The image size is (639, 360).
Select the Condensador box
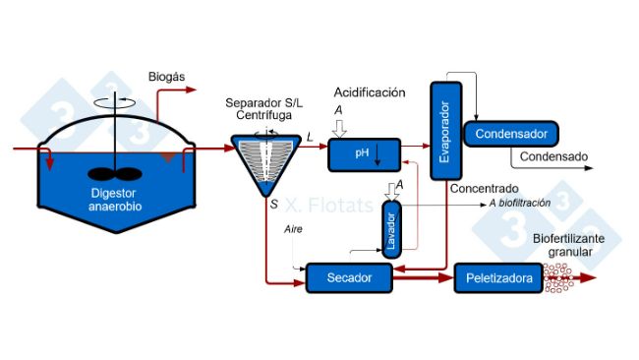coord(510,133)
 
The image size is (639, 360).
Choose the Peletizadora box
coord(498,278)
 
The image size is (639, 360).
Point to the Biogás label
coord(166,77)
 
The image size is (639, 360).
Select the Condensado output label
coord(553,156)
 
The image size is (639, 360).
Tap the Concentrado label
coord(483,188)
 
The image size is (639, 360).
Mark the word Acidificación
coord(369,92)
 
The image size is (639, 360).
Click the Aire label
coord(293,228)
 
